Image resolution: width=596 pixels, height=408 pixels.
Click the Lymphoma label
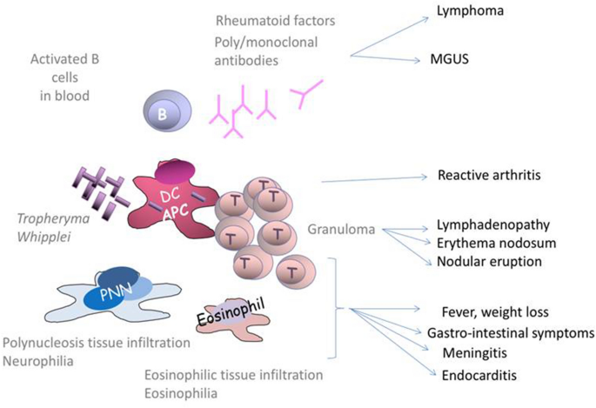[465, 13]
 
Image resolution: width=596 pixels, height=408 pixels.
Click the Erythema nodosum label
[485, 243]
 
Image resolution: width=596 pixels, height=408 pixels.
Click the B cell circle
[162, 112]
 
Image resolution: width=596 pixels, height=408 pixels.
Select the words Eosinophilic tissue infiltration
[233, 375]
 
